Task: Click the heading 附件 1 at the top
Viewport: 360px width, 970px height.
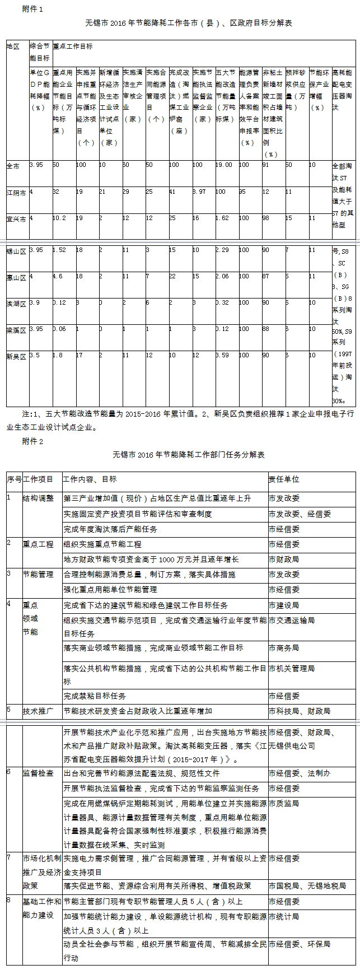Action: (31, 9)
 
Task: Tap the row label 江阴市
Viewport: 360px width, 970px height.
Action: (16, 192)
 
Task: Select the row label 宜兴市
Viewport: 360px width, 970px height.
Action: (16, 218)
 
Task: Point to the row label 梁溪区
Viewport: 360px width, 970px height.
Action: (16, 330)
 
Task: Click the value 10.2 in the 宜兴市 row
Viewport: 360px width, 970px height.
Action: (59, 218)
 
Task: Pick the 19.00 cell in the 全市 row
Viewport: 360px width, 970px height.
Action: (224, 165)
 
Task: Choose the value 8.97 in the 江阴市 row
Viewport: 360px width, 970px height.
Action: (200, 192)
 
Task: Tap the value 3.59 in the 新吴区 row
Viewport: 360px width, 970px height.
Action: (222, 355)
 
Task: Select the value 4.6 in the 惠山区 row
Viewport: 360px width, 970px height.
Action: (58, 276)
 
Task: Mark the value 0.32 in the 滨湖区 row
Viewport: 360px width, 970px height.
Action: (222, 302)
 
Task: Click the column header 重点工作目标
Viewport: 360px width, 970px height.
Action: (73, 46)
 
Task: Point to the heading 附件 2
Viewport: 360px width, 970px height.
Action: (31, 441)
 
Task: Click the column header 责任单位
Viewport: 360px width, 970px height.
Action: (284, 479)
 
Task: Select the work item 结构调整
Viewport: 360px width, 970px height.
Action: (38, 498)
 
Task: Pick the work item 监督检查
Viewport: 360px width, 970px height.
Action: (38, 773)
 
